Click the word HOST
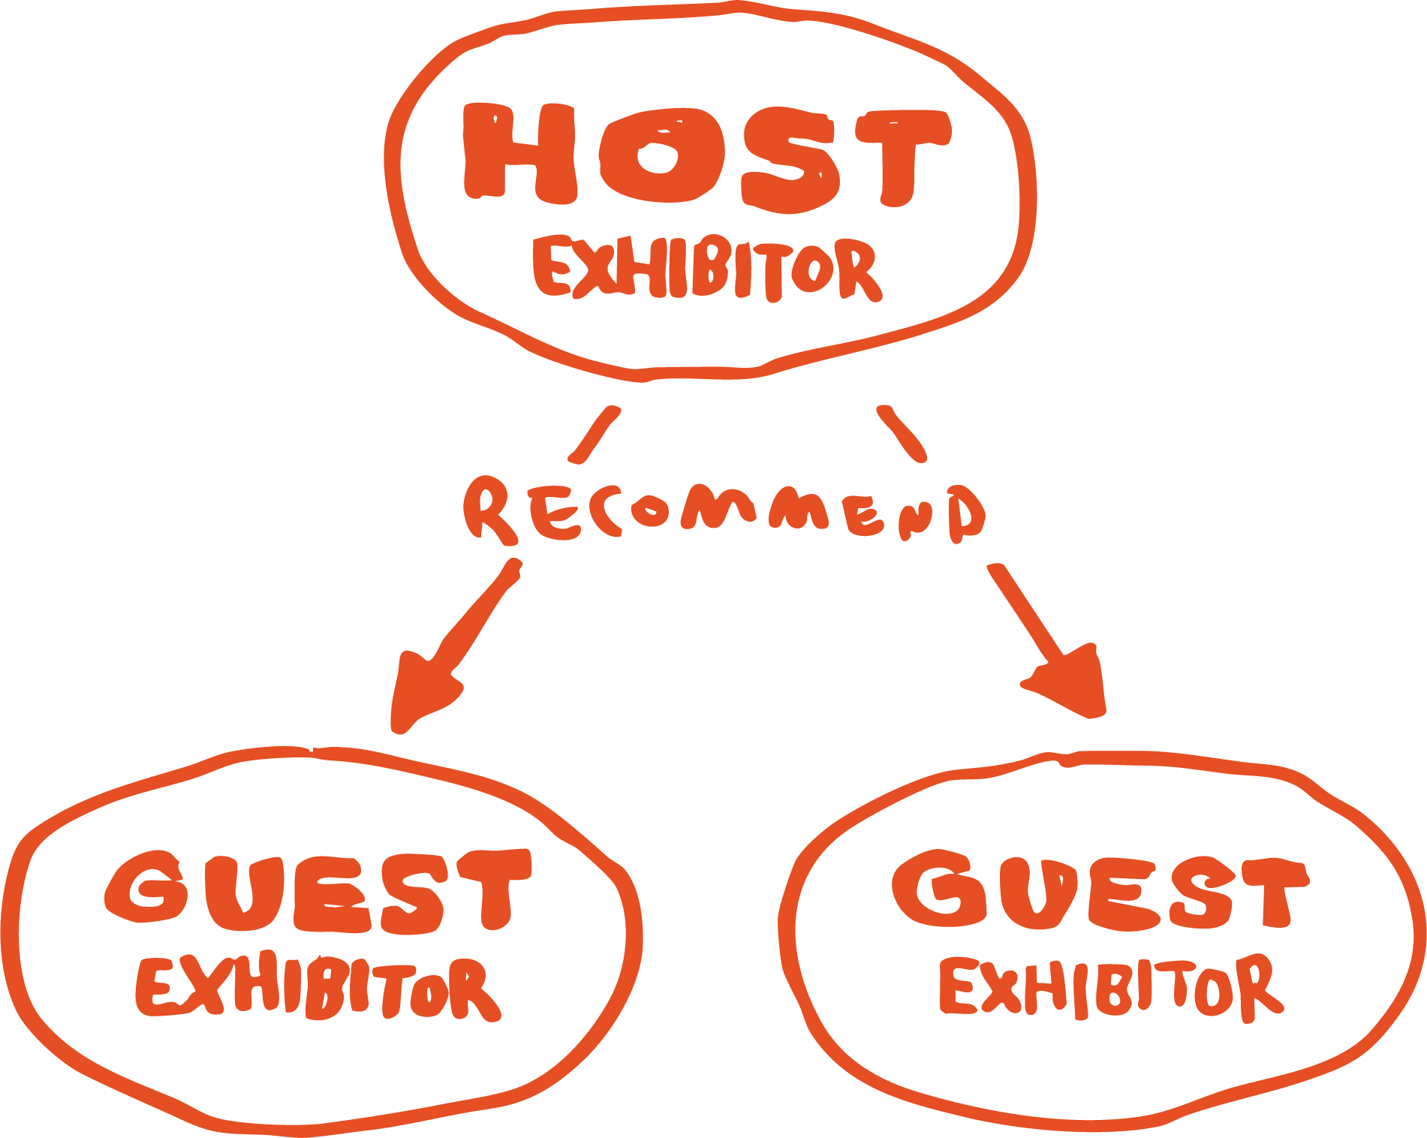click(x=706, y=156)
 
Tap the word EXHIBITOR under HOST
click(x=706, y=269)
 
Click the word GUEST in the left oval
click(x=318, y=891)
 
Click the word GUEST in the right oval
click(x=1100, y=891)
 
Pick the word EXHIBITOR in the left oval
click(x=318, y=987)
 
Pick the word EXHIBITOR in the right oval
click(x=1111, y=987)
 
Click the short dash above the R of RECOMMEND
click(x=595, y=434)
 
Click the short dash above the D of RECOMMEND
click(x=901, y=434)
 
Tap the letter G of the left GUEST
click(x=146, y=887)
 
